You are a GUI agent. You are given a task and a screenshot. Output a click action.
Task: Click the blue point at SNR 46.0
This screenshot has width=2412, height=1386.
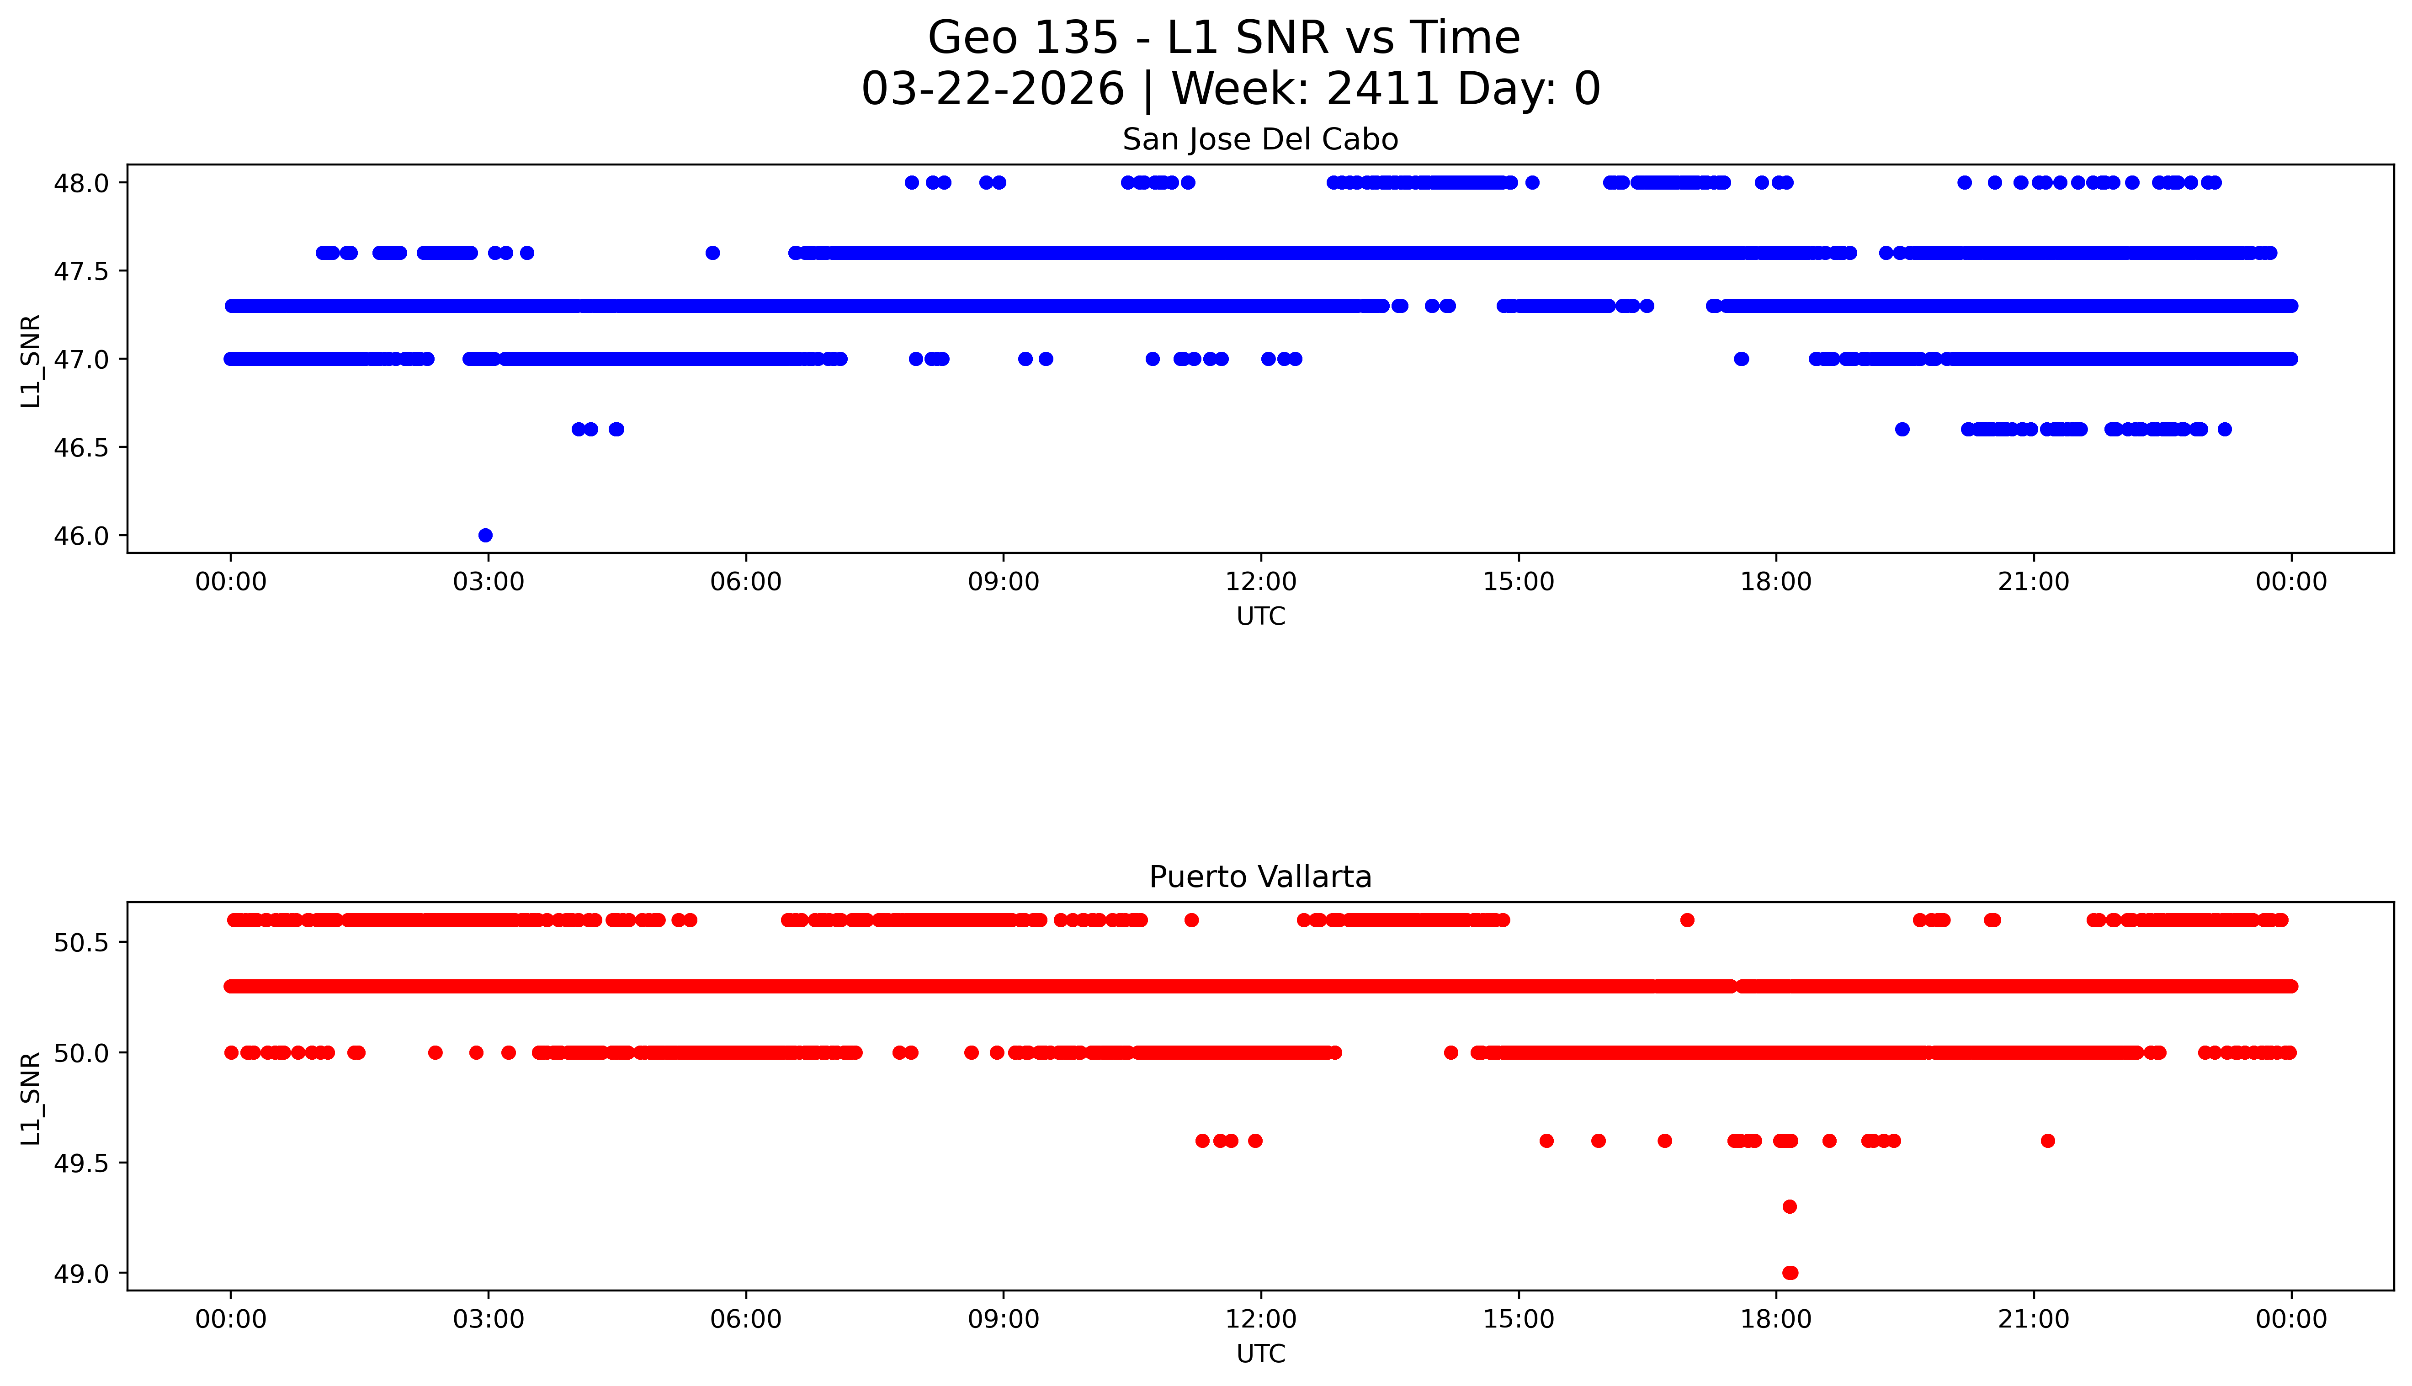pos(485,535)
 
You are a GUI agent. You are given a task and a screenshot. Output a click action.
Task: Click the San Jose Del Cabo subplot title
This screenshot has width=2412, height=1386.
pos(1260,140)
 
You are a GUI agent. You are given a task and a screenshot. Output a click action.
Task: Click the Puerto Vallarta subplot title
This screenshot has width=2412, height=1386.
pos(1260,877)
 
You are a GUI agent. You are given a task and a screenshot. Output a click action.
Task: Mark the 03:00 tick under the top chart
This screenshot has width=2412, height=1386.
pos(489,582)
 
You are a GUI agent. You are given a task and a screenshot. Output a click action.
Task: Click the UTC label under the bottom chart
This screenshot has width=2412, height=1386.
pos(1260,1354)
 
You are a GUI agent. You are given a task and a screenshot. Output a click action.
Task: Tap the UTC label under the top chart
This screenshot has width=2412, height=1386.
pos(1260,617)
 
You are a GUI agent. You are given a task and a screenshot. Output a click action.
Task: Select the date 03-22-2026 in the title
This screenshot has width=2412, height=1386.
pos(993,90)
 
